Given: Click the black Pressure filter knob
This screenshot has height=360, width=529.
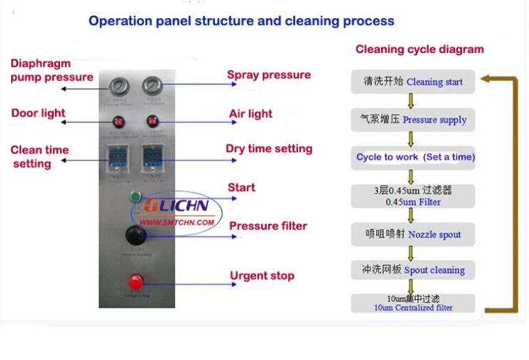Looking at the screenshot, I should tap(135, 236).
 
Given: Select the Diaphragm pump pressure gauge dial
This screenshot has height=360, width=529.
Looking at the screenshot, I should tap(119, 87).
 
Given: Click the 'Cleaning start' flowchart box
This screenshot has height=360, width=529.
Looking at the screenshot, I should tap(412, 82).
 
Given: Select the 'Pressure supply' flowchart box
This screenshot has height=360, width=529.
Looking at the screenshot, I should tap(412, 119).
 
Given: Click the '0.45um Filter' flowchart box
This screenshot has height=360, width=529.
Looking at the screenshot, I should tap(412, 195).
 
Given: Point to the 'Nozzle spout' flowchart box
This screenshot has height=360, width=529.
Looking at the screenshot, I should tap(412, 234).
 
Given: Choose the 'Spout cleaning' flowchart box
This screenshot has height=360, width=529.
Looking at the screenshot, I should tap(412, 270).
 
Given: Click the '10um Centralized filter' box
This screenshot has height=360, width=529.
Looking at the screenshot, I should tap(412, 303).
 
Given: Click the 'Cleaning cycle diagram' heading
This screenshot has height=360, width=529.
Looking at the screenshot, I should tap(419, 50).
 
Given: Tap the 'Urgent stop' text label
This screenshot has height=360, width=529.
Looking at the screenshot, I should tap(262, 276).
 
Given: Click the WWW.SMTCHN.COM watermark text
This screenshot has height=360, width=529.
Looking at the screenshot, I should tap(177, 223).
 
